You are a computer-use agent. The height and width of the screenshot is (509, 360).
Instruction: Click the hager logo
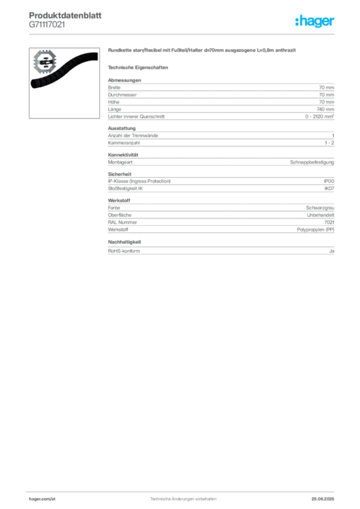[x=315, y=21]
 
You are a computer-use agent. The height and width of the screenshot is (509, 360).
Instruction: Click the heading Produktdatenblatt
[x=65, y=15]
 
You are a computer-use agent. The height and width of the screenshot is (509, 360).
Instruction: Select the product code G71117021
[x=47, y=24]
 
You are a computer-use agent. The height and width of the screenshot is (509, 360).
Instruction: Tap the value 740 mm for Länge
[x=325, y=109]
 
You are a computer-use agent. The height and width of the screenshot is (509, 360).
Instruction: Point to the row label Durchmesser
[x=122, y=95]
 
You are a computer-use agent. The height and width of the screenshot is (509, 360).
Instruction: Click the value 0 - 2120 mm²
[x=320, y=116]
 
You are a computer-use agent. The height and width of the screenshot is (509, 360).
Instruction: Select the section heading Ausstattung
[x=122, y=128]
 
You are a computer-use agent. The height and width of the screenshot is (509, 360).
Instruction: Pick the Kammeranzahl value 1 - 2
[x=330, y=143]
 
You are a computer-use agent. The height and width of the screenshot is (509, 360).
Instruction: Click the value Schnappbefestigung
[x=312, y=163]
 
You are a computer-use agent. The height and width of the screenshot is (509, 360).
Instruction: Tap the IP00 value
[x=329, y=181]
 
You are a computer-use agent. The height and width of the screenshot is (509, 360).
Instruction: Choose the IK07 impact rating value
[x=329, y=188]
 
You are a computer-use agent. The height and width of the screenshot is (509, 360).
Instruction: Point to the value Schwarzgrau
[x=320, y=208]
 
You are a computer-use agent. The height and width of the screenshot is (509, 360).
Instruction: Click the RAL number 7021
[x=329, y=222]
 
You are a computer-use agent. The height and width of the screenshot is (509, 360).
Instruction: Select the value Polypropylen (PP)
[x=316, y=230]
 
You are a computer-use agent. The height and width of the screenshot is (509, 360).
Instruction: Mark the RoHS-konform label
[x=124, y=251]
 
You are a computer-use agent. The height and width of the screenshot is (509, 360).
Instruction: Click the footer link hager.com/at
[x=42, y=499]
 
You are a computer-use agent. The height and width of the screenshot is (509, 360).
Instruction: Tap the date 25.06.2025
[x=323, y=499]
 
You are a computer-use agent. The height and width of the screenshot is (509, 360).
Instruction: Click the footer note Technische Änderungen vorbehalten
[x=183, y=499]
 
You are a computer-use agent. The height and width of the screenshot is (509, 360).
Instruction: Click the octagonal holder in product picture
[x=45, y=62]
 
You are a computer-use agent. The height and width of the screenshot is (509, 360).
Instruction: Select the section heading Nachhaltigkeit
[x=124, y=242]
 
